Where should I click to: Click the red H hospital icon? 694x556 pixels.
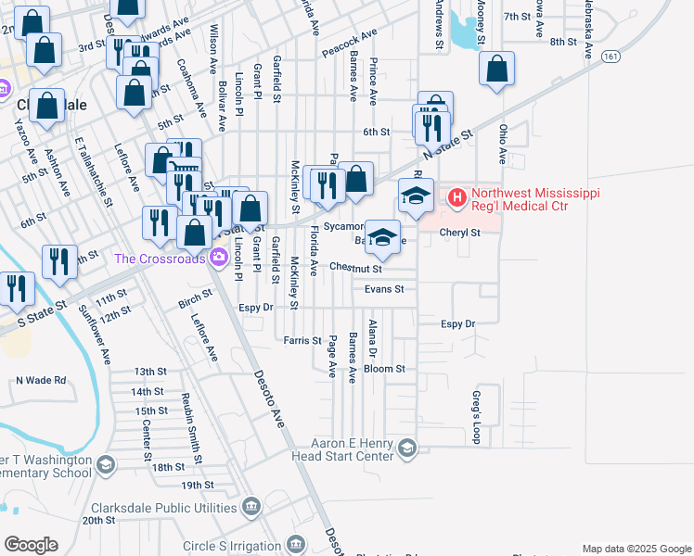456,197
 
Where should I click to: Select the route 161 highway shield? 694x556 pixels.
610,57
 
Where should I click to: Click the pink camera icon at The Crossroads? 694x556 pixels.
217,259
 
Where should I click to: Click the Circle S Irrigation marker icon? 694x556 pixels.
296,544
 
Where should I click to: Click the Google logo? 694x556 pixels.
31,545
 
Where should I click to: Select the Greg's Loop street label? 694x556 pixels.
476,418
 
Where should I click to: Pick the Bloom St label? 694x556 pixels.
384,369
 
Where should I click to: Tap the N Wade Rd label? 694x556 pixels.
41,380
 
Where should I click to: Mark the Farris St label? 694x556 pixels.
302,341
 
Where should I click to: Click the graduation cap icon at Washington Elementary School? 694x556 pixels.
105,463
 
